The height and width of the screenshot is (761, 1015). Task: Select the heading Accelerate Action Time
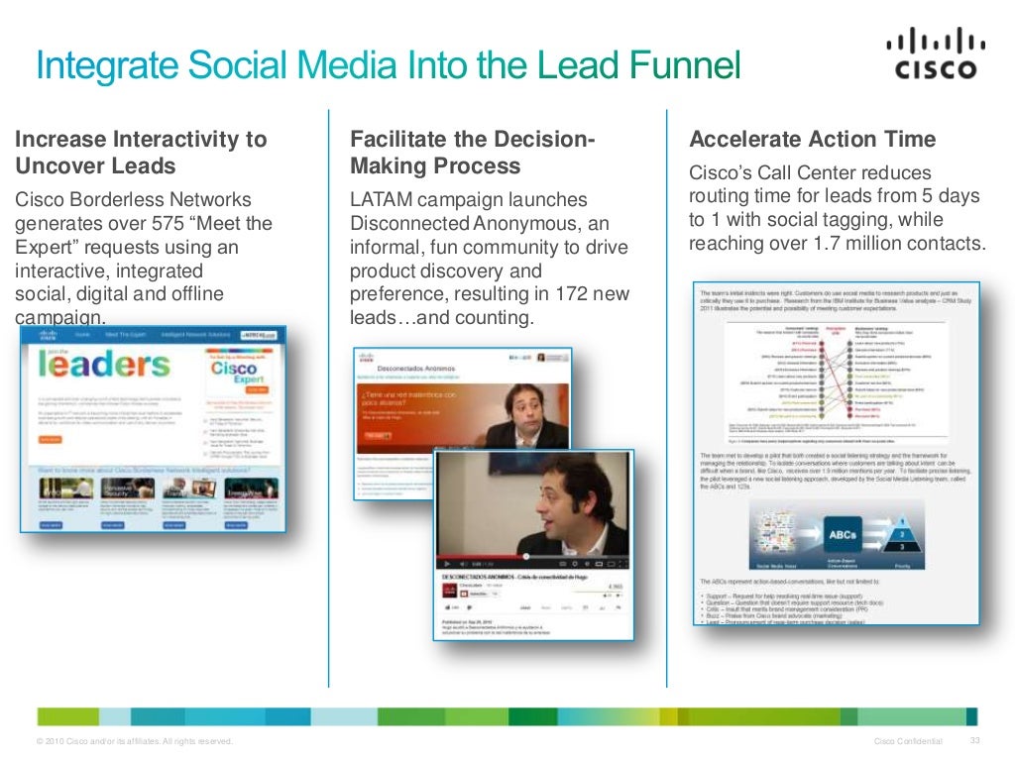coord(812,139)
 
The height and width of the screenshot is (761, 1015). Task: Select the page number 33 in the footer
coord(974,742)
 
